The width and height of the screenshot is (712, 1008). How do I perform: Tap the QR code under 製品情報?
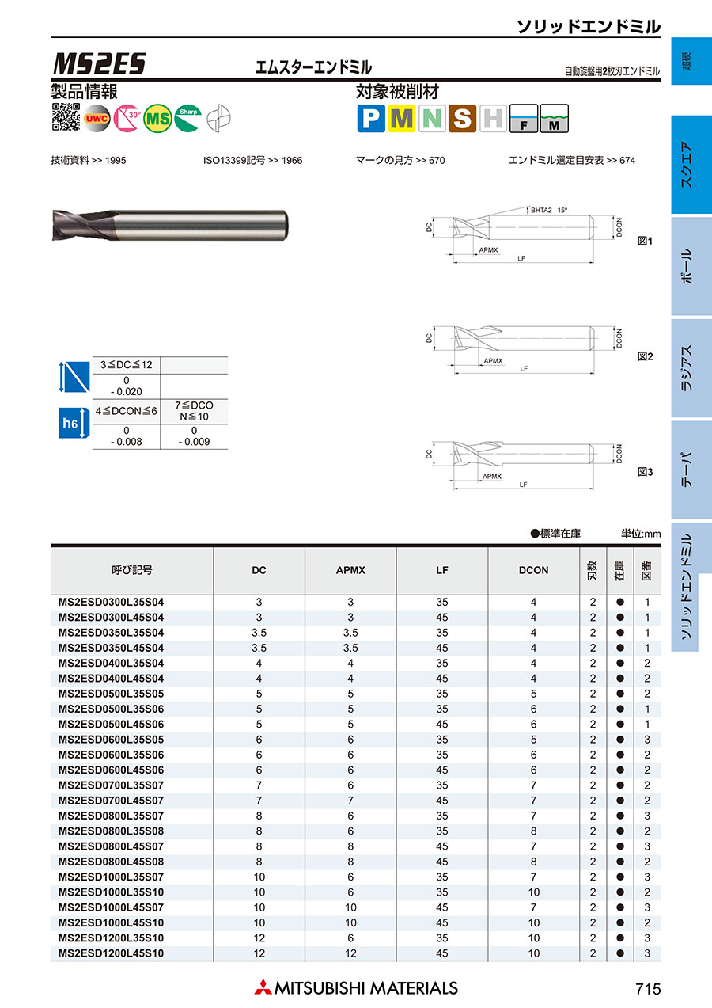pos(66,118)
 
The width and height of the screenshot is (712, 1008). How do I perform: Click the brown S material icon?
pos(462,119)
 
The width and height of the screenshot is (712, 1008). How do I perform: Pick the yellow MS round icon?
pos(158,119)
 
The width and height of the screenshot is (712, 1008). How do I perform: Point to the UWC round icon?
pos(97,119)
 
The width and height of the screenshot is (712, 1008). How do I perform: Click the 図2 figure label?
pos(645,356)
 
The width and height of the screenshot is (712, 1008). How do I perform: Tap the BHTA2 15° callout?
pos(549,211)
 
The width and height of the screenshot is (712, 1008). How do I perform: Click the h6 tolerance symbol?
pos(70,424)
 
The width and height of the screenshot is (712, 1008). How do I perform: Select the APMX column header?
pos(350,569)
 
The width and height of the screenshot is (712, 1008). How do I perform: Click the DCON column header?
pos(533,569)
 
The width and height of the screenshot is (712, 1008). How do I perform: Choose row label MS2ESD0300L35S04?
pos(112,602)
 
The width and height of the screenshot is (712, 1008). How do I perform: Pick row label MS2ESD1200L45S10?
pos(112,953)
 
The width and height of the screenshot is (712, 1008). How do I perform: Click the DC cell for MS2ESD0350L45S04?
pos(259,648)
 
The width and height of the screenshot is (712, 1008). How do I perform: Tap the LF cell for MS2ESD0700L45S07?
pos(442,801)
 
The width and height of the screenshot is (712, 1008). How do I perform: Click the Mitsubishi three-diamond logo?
pos(262,987)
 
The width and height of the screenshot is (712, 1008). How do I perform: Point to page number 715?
pos(647,988)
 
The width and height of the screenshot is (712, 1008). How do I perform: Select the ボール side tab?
pos(686,266)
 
